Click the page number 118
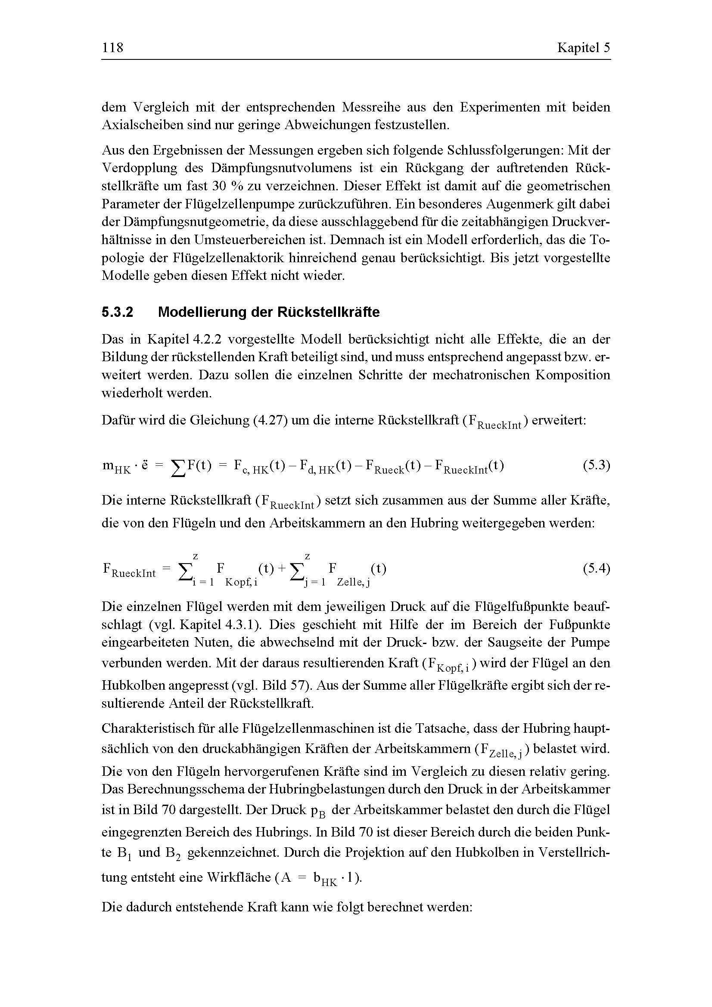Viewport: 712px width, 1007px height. (113, 47)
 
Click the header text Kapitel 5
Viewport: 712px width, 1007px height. (584, 47)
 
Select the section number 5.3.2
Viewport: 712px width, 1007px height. (117, 312)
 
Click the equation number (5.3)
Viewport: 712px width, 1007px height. (596, 465)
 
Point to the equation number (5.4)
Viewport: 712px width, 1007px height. (596, 569)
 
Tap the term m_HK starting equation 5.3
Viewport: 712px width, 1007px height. (116, 466)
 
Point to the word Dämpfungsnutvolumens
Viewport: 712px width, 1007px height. (281, 168)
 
